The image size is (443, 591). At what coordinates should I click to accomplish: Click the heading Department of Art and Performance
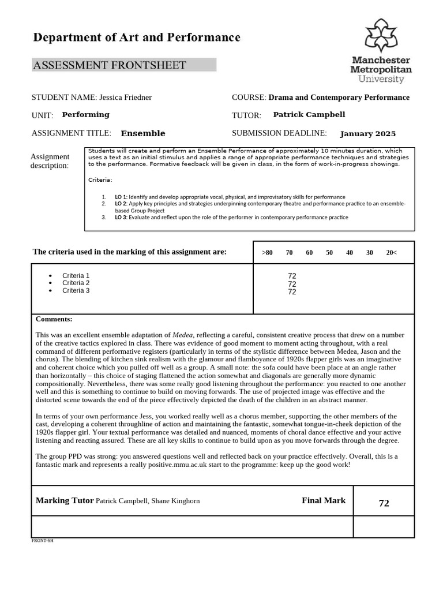(x=137, y=38)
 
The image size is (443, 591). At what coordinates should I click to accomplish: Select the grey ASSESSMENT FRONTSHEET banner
(x=124, y=65)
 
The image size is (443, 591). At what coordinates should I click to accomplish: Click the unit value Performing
(x=85, y=115)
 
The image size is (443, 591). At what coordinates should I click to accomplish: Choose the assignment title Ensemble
(x=142, y=133)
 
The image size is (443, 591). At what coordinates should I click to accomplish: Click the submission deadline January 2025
(x=367, y=134)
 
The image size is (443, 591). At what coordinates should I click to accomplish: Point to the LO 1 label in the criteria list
(x=121, y=197)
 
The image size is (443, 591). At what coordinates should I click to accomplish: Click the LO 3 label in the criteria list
(x=121, y=218)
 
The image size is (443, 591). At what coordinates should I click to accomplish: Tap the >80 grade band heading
(x=267, y=253)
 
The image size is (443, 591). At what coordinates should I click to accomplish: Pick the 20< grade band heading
(x=391, y=253)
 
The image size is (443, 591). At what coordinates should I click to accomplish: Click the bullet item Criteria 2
(x=76, y=283)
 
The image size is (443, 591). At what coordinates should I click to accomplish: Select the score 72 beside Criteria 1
(x=292, y=276)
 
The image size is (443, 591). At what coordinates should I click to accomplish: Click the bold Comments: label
(x=54, y=319)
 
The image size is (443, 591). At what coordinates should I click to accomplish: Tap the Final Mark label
(x=323, y=500)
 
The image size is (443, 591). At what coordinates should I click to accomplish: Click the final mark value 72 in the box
(x=384, y=503)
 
